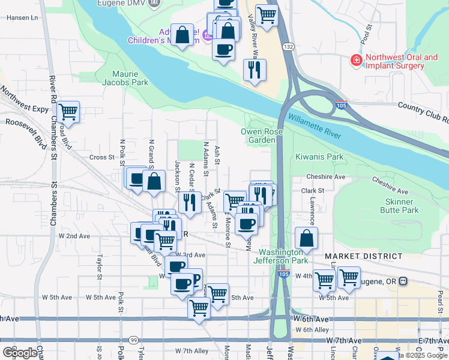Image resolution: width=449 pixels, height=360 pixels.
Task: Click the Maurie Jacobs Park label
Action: point(130,78)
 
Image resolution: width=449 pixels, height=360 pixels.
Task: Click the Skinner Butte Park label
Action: point(399,206)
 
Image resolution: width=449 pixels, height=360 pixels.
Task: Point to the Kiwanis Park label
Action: point(319,157)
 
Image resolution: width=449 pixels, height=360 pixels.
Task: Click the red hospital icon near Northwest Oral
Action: point(357,61)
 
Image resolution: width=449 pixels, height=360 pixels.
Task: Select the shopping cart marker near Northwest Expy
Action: point(68,111)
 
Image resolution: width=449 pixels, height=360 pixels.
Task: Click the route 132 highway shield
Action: point(289,47)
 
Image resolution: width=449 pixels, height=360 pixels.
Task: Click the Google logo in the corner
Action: point(19,352)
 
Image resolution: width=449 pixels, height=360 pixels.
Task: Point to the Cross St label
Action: point(101,157)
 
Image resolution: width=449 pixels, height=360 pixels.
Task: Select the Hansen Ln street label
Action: point(22,18)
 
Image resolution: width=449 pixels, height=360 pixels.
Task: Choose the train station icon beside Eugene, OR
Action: point(403,281)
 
